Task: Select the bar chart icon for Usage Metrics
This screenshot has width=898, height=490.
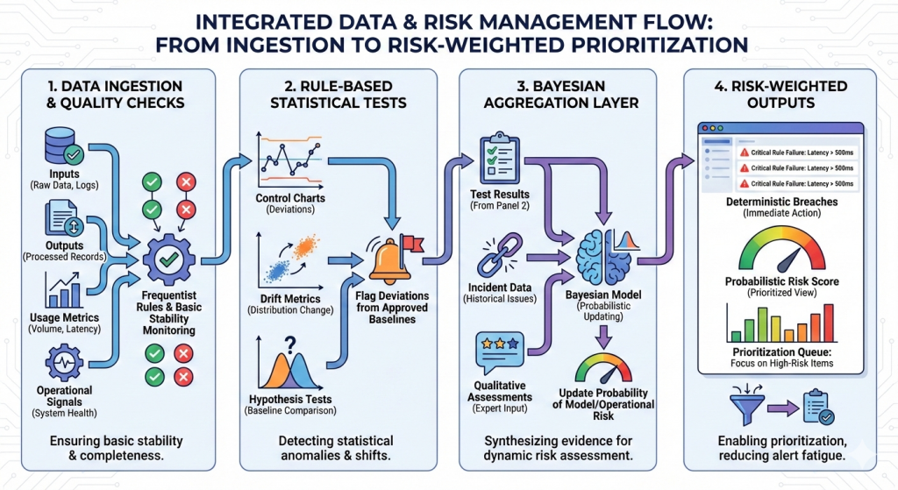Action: pyautogui.click(x=61, y=288)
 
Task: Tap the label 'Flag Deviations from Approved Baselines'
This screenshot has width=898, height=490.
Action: pyautogui.click(x=391, y=307)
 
